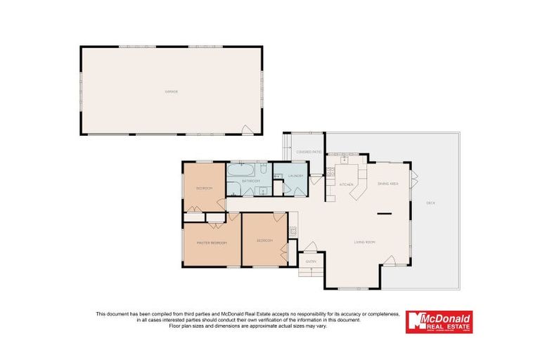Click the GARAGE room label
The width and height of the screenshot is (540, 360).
tap(170, 91)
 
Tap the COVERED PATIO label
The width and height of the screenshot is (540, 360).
tap(309, 152)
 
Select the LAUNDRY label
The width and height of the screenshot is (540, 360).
tap(295, 176)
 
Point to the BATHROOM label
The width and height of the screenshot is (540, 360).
tap(252, 181)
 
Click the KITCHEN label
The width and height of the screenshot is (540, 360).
tap(347, 184)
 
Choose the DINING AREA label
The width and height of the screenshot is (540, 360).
tap(388, 184)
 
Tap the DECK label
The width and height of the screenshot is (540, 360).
tap(430, 203)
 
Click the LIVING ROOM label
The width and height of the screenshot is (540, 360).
tap(364, 242)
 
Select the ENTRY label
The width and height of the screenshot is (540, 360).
tap(311, 262)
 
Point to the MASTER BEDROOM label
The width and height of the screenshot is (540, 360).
tap(212, 243)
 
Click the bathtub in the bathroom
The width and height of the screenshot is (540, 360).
tap(243, 170)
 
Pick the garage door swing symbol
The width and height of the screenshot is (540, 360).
tap(247, 129)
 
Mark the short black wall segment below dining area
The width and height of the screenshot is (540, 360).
tap(384, 212)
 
